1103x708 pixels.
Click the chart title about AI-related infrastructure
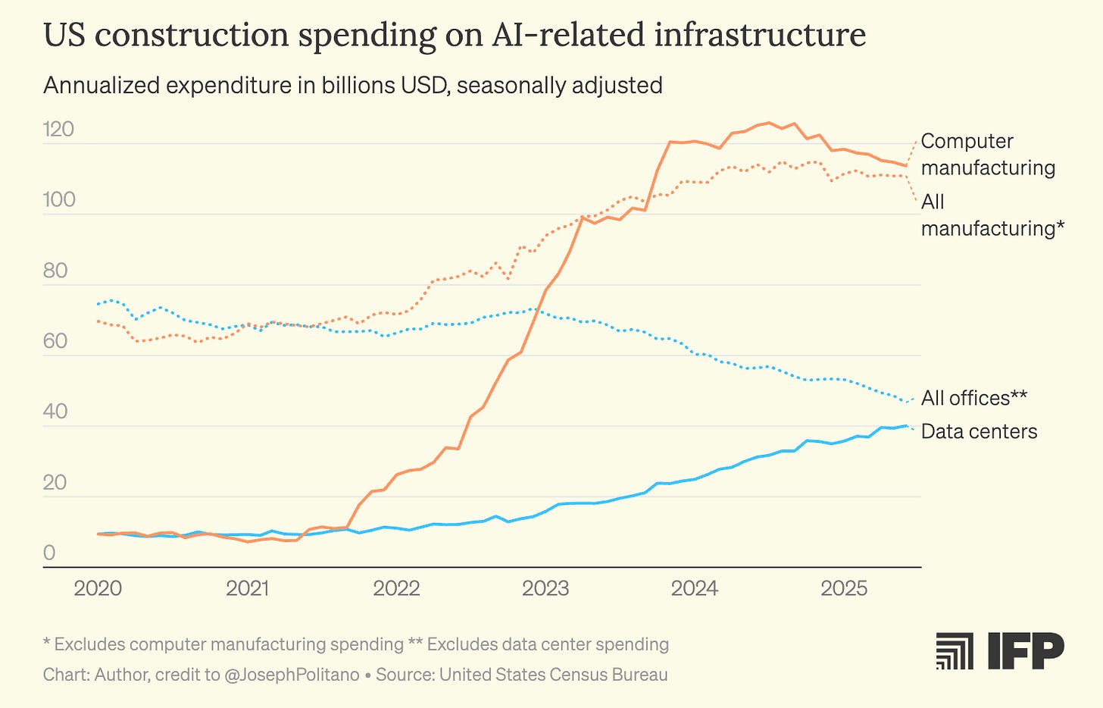pyautogui.click(x=455, y=35)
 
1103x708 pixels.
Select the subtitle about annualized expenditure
pyautogui.click(x=352, y=85)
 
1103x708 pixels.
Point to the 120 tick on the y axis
pyautogui.click(x=58, y=130)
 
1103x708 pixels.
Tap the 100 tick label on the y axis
pyautogui.click(x=58, y=199)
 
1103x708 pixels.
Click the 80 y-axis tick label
pyautogui.click(x=55, y=271)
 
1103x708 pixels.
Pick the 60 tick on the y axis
pyautogui.click(x=55, y=341)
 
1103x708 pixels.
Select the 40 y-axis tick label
pyautogui.click(x=55, y=412)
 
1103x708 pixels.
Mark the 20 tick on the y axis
pyautogui.click(x=55, y=482)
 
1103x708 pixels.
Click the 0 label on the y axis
pyautogui.click(x=49, y=553)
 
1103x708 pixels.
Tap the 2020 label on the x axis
pyautogui.click(x=98, y=589)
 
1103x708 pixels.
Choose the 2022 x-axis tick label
pyautogui.click(x=396, y=589)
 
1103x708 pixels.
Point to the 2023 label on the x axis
pyautogui.click(x=545, y=589)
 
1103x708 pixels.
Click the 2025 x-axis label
pyautogui.click(x=844, y=589)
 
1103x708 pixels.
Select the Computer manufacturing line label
pyautogui.click(x=988, y=154)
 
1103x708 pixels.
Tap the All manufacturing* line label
pyautogui.click(x=992, y=215)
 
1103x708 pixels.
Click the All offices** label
pyautogui.click(x=973, y=398)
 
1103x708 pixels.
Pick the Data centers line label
pyautogui.click(x=979, y=431)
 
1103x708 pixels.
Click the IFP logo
pyautogui.click(x=999, y=651)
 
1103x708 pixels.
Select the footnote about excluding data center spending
pyautogui.click(x=539, y=644)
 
